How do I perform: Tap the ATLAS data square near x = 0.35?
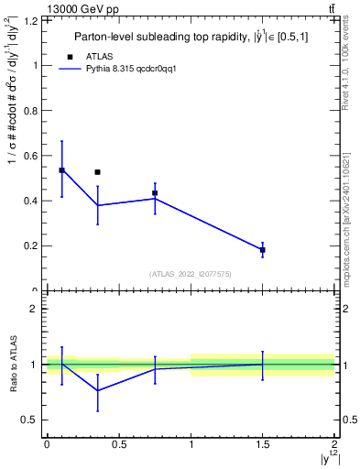(x=97, y=172)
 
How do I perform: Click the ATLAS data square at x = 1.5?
(x=263, y=250)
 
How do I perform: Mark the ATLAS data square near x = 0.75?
(x=155, y=193)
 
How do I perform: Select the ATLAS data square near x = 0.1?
(x=61, y=170)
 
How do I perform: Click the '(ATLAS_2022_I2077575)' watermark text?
(x=191, y=274)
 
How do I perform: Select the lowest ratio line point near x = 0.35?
(x=97, y=390)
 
